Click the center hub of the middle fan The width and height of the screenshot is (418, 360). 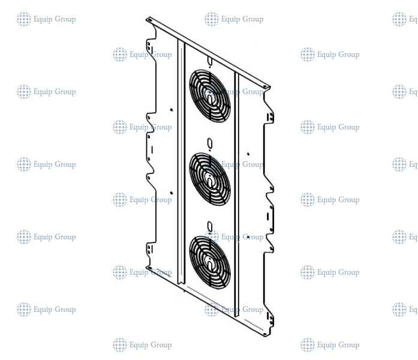click(210, 179)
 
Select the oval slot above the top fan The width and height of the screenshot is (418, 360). click(209, 61)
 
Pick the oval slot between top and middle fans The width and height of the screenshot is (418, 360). click(209, 143)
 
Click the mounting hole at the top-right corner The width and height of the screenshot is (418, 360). click(266, 89)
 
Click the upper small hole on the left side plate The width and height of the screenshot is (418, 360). click(172, 110)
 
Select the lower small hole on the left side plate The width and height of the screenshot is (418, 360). click(172, 193)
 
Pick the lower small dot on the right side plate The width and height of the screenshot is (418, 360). click(248, 237)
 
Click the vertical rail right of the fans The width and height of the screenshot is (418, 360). click(236, 192)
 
